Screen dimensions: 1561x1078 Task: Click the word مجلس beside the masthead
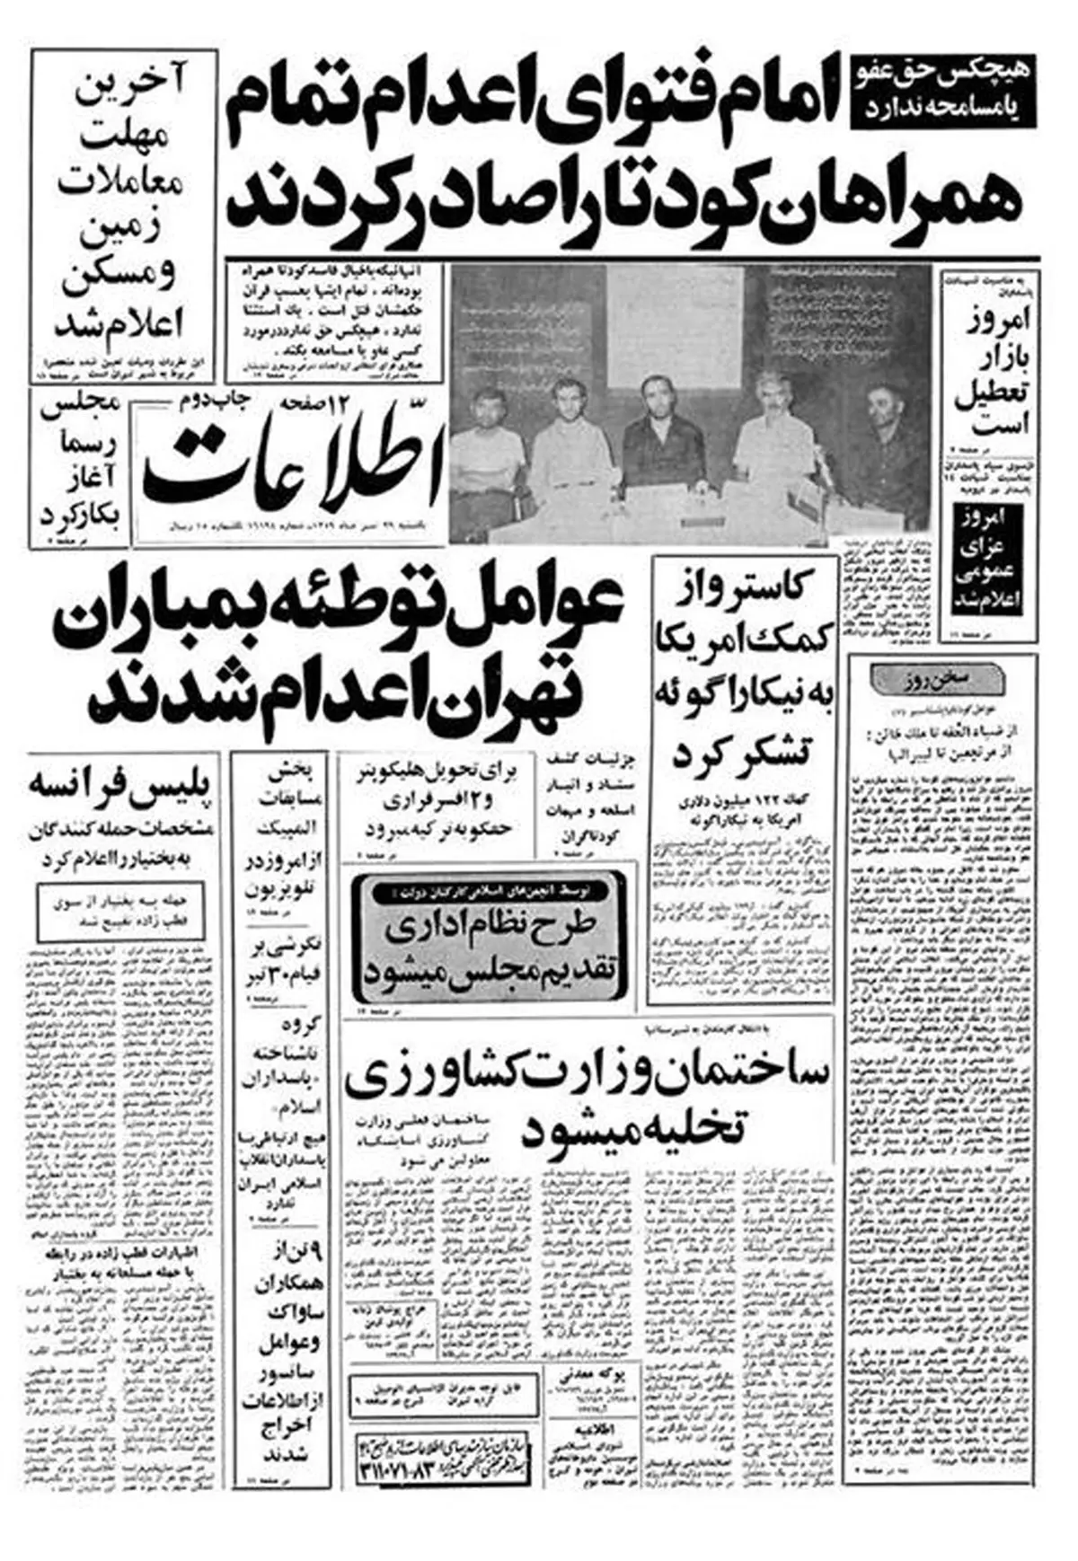pos(80,404)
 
